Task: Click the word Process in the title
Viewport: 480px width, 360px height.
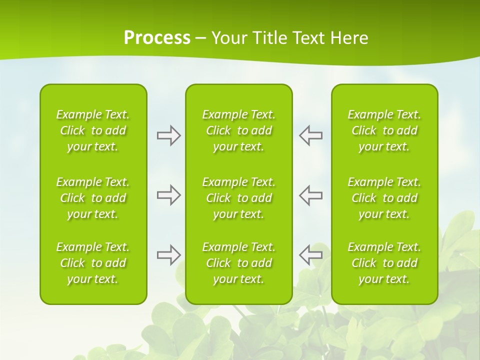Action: pos(157,38)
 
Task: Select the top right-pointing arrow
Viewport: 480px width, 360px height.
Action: pos(168,135)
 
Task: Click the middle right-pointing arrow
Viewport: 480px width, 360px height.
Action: pos(168,195)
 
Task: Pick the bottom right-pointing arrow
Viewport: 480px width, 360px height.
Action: pos(168,255)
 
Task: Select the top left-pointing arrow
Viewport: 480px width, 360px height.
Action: pos(310,135)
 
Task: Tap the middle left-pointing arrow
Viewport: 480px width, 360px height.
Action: pos(310,195)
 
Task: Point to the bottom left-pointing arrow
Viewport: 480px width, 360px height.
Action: pos(310,255)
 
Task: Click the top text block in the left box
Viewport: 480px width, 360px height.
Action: pos(93,130)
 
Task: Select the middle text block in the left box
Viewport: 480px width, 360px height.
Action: pos(93,198)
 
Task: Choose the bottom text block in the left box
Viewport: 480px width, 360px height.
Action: pos(93,263)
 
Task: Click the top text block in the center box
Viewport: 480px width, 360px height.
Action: pos(239,130)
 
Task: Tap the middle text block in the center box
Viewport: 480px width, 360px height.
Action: pos(239,198)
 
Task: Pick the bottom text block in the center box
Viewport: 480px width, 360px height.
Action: pos(239,263)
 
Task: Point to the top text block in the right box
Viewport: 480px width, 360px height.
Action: pos(384,130)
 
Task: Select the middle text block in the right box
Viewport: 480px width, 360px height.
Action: pos(384,198)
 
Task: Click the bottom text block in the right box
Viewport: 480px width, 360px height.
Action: pos(384,263)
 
